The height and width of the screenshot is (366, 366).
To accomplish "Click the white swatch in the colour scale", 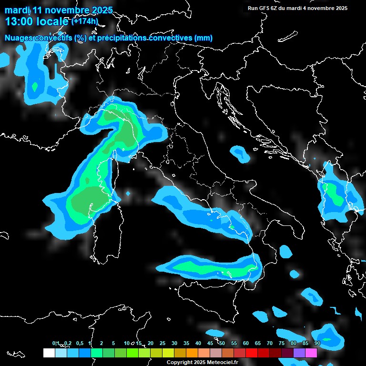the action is pos(49,353).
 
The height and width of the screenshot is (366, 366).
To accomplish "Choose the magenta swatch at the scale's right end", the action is pos(311,353).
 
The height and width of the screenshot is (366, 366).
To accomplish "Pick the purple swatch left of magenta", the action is pos(299,353).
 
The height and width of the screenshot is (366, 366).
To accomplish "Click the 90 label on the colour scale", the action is pos(317,343).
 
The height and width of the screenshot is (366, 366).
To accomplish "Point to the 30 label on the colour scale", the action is pos(174,343).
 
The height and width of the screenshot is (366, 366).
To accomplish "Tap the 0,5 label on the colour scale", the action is pos(79,343).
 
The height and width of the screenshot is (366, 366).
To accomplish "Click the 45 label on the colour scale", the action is pos(210,343).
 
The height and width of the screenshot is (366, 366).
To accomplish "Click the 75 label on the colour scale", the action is pos(282,343).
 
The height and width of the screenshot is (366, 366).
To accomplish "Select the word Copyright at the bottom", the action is pos(180,362).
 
